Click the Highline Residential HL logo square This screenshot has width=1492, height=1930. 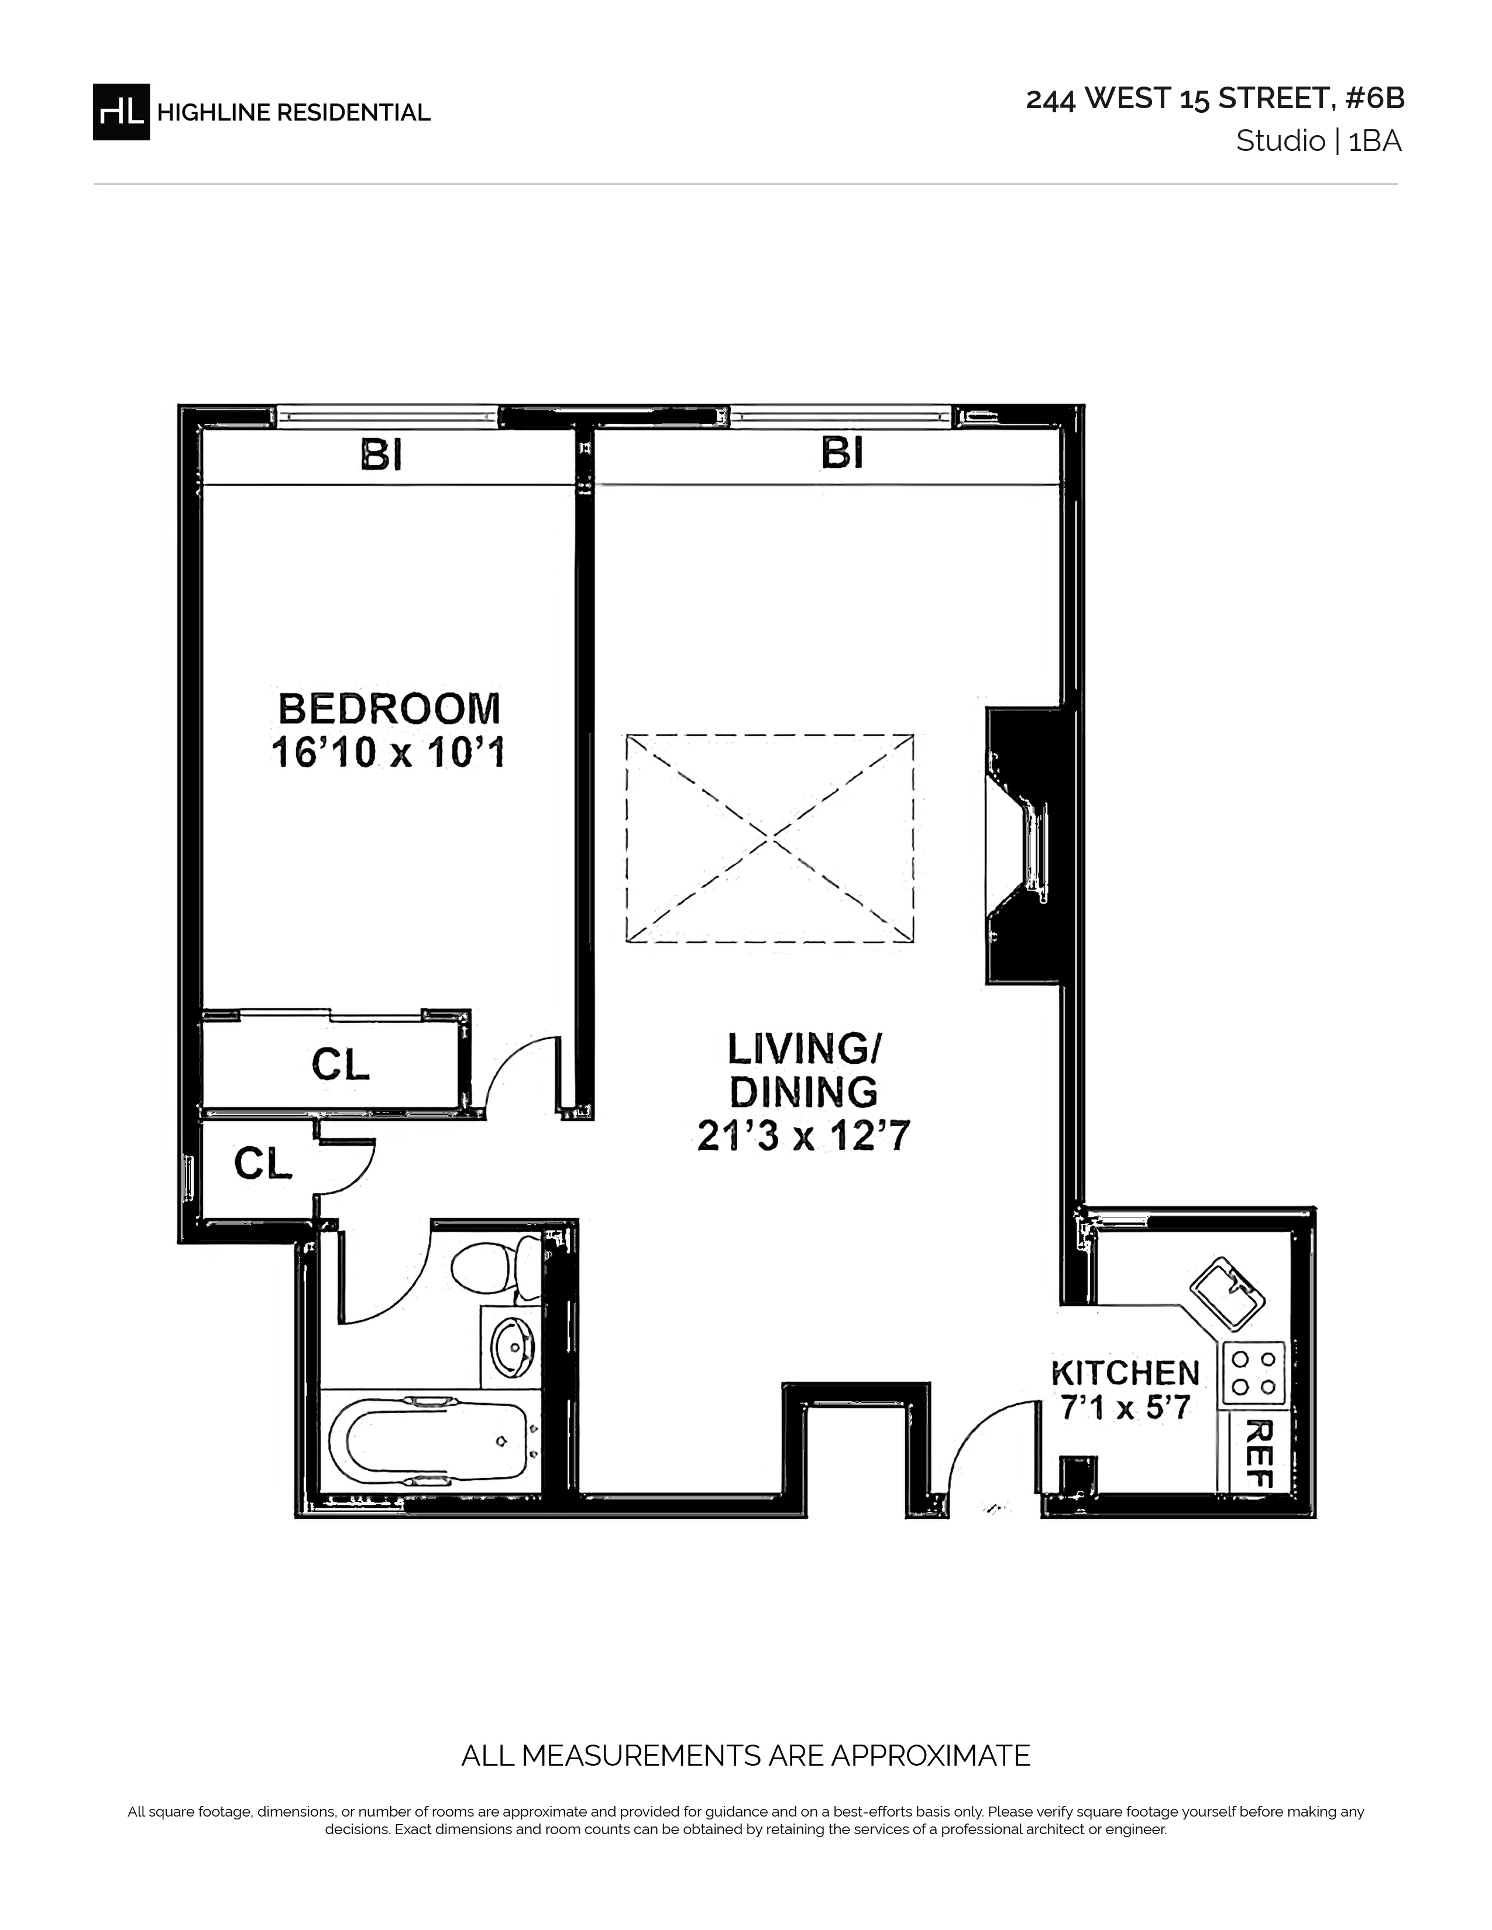(121, 111)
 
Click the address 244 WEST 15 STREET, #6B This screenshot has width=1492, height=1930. (1215, 99)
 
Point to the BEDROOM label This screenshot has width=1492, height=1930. (390, 709)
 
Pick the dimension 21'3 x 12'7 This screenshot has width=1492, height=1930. (803, 1136)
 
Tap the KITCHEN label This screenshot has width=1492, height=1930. (1125, 1373)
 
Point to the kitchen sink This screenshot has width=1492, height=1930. (1228, 1294)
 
